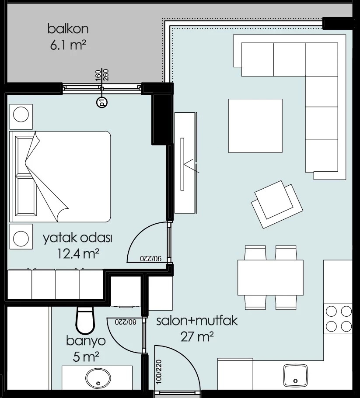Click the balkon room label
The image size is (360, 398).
(x=68, y=29)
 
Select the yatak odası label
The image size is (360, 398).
(x=77, y=238)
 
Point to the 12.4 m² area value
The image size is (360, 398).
(x=78, y=253)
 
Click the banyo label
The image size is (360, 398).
(x=86, y=341)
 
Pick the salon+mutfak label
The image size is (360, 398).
(x=197, y=321)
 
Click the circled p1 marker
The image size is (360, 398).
(x=102, y=103)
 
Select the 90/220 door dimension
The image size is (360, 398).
(x=151, y=258)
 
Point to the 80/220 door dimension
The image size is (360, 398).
(x=126, y=322)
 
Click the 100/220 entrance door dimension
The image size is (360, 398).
(x=158, y=371)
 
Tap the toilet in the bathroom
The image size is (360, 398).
(x=85, y=320)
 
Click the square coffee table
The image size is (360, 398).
(x=255, y=126)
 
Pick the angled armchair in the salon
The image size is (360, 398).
(x=277, y=204)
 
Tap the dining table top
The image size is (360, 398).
(x=271, y=278)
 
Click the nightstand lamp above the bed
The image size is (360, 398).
(x=21, y=114)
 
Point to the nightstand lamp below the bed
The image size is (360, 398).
(x=21, y=239)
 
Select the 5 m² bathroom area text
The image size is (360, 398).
(x=86, y=357)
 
